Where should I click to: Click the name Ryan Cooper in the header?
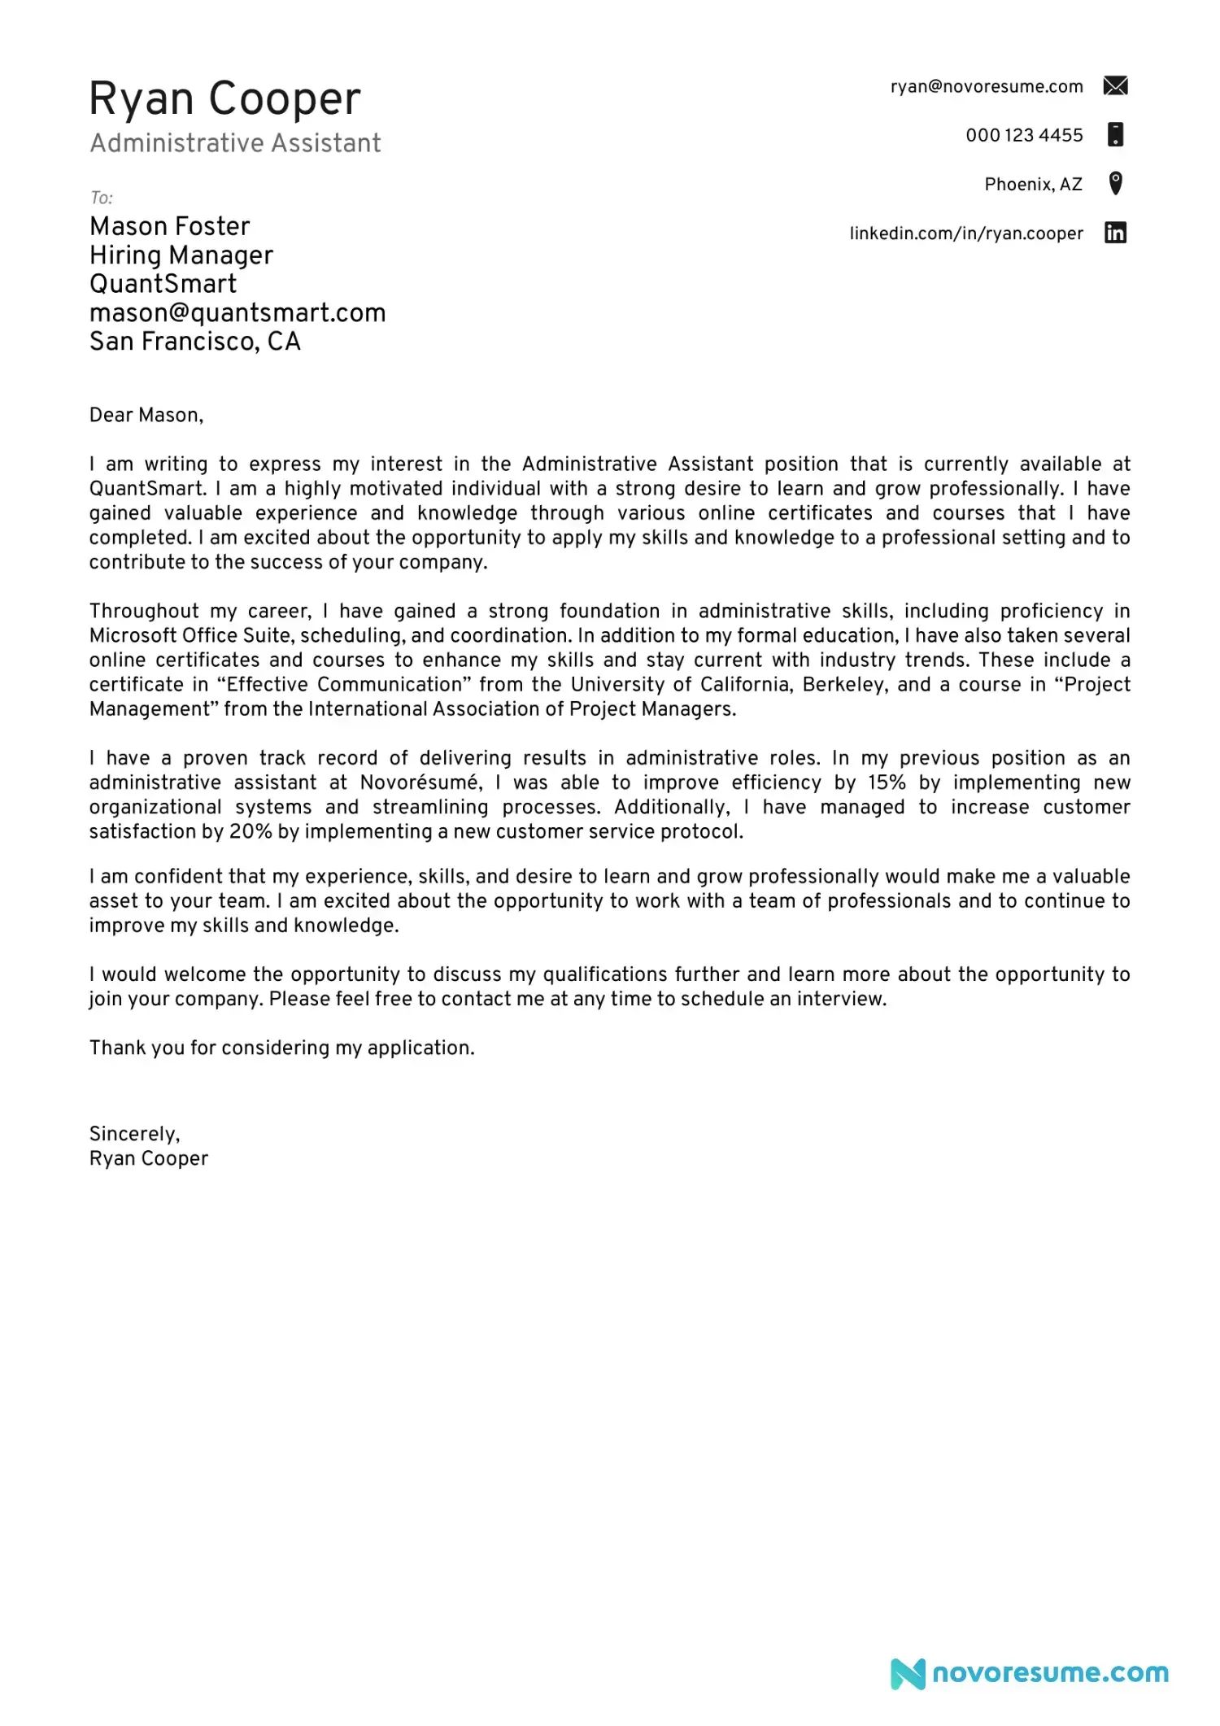click(224, 99)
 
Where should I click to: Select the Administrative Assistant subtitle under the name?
click(235, 143)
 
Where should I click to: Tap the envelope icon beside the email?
click(1115, 85)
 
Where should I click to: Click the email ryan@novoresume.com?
click(987, 87)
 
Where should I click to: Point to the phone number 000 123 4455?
click(1024, 135)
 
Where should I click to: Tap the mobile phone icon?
click(1116, 134)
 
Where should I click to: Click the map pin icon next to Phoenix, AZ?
click(1116, 183)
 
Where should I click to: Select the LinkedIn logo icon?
click(1115, 233)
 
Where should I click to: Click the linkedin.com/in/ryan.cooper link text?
click(966, 233)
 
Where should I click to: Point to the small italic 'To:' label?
click(101, 198)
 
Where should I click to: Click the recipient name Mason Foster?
click(169, 226)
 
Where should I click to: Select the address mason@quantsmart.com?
click(237, 313)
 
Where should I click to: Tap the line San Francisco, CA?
click(195, 342)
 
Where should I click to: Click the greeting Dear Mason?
click(146, 415)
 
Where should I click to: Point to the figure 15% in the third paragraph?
click(887, 782)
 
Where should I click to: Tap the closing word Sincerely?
click(135, 1134)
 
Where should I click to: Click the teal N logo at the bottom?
click(908, 1673)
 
